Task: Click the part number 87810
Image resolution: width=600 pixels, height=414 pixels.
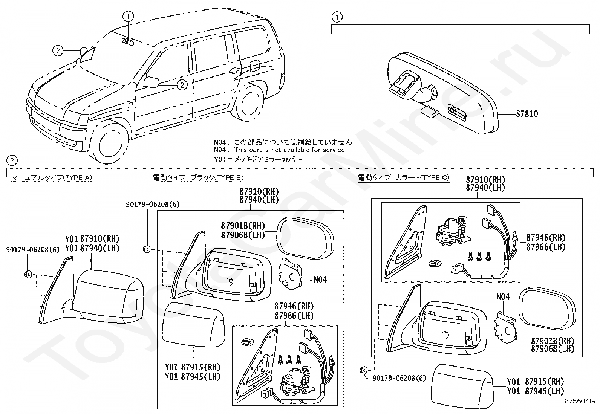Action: [527, 114]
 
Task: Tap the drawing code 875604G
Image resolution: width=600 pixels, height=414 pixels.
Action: [580, 401]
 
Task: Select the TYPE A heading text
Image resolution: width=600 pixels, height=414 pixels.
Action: [51, 178]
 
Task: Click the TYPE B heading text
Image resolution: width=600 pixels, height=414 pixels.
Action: [198, 177]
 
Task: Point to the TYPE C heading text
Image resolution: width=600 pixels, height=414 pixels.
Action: [404, 177]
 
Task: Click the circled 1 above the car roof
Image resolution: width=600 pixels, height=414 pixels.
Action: [128, 17]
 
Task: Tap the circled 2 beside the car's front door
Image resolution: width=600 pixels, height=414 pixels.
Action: [182, 85]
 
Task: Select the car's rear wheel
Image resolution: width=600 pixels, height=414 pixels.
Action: [251, 103]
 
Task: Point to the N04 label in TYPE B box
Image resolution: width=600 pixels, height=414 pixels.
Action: [320, 280]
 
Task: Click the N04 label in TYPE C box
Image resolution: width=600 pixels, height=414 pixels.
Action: [503, 297]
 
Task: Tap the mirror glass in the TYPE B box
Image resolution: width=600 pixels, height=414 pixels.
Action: [305, 238]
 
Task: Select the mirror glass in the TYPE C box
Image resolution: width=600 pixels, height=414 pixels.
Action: [547, 309]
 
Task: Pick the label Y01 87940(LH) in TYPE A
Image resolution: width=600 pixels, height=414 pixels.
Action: [92, 248]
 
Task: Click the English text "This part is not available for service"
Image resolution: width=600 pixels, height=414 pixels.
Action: [289, 150]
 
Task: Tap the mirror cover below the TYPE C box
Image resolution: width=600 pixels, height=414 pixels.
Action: [462, 386]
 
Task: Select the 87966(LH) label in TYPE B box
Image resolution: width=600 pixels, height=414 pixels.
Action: [294, 316]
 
